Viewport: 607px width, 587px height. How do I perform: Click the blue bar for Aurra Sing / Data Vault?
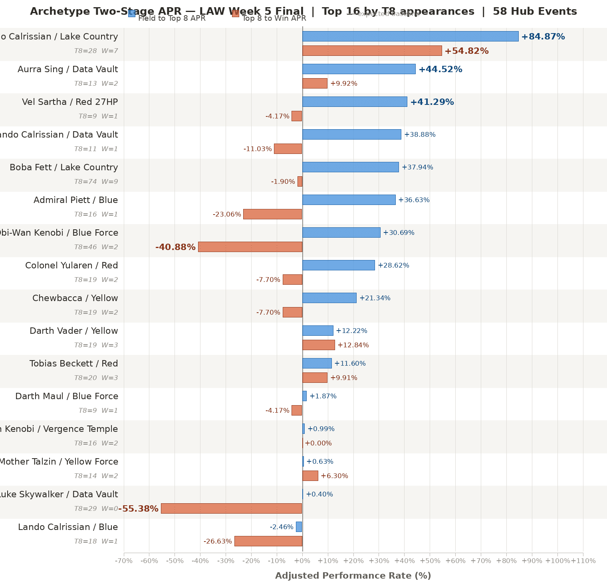359,69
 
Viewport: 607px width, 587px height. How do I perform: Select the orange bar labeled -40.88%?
250,247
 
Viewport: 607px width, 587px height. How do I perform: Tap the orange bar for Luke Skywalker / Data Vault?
231,508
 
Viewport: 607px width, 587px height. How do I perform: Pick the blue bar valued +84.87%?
410,36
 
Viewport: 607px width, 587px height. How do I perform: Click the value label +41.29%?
432,102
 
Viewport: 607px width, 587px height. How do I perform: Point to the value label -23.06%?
227,215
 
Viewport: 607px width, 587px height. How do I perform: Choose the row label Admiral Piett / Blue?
76,200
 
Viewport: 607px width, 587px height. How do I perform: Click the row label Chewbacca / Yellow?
75,298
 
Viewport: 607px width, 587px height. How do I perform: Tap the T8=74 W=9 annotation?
96,182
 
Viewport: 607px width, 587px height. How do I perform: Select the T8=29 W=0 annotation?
96,509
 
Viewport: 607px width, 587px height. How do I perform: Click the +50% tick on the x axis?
430,561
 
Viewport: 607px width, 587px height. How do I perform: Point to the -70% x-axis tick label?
124,561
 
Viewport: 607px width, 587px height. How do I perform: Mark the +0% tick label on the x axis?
302,561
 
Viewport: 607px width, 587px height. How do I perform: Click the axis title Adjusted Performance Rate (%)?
353,576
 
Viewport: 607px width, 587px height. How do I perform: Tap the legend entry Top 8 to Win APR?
274,18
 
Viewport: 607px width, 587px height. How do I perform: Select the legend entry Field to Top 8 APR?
172,18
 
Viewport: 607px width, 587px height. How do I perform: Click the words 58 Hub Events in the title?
535,12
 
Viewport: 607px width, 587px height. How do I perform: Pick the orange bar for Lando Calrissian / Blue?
268,541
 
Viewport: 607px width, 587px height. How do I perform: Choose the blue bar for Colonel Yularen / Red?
338,265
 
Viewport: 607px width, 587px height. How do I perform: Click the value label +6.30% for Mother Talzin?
334,476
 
